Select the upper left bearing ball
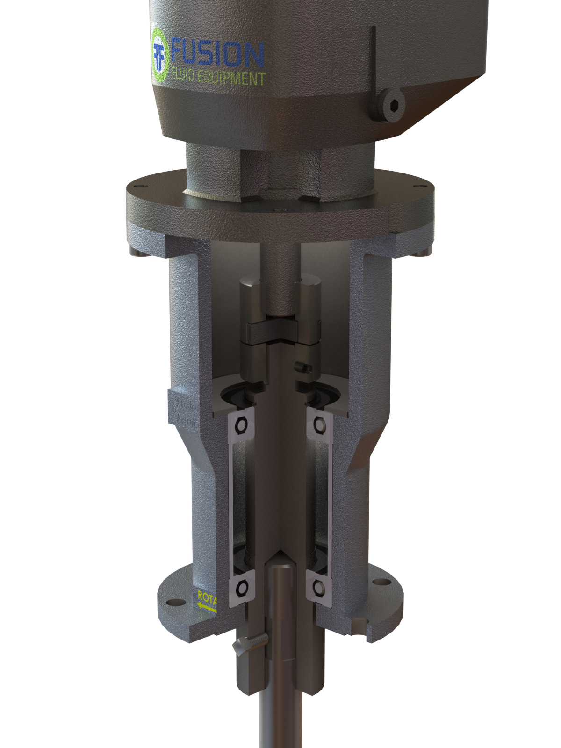tap(242, 424)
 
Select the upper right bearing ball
tap(320, 424)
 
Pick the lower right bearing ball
tap(319, 587)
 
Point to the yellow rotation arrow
tap(207, 607)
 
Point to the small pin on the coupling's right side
tap(304, 367)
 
